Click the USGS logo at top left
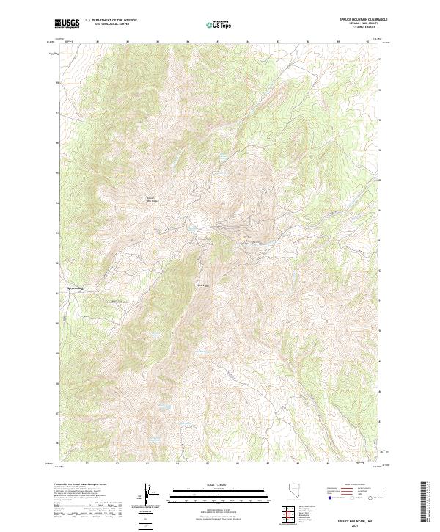coord(67,23)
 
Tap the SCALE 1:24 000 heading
coord(219,483)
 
